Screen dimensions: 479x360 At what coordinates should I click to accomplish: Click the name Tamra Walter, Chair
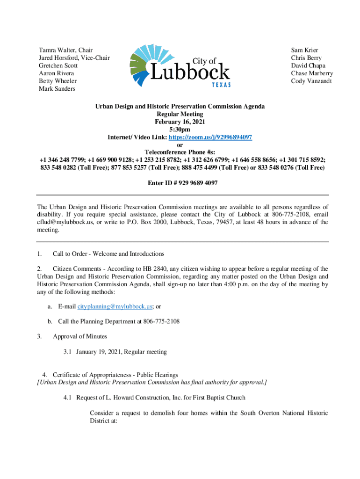65,50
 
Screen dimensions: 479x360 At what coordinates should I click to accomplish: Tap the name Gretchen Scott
58,65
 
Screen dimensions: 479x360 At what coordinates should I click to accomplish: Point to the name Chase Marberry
312,73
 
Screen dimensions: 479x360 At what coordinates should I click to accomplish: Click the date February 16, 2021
180,122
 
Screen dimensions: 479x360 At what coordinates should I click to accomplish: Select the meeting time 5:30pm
180,130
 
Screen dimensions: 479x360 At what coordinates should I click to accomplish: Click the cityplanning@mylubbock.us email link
115,306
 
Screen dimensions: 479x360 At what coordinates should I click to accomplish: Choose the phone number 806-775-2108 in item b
162,321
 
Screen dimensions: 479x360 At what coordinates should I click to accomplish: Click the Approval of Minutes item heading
80,336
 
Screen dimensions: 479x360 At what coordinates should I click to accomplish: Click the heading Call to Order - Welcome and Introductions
108,254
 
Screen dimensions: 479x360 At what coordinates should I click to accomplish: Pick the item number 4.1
68,398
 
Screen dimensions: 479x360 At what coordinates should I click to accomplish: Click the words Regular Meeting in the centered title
180,114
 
